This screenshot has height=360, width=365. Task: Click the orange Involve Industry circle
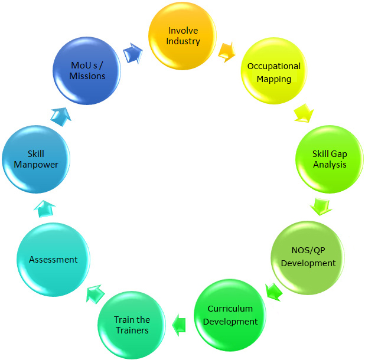coord(184,37)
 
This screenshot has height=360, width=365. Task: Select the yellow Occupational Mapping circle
coord(274,73)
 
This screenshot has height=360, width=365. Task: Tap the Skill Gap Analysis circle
coord(329,159)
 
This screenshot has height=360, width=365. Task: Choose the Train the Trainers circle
coord(132,324)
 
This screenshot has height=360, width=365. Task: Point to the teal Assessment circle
coord(53,259)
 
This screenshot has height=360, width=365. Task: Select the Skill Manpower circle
coord(35,159)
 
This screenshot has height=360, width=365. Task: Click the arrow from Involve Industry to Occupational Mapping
coord(227,52)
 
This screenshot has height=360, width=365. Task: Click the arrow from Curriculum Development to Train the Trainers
coord(179,323)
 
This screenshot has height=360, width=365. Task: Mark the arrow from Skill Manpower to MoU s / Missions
coord(61,115)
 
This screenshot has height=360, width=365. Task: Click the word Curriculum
coord(230,309)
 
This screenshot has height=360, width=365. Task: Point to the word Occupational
coord(274,66)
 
